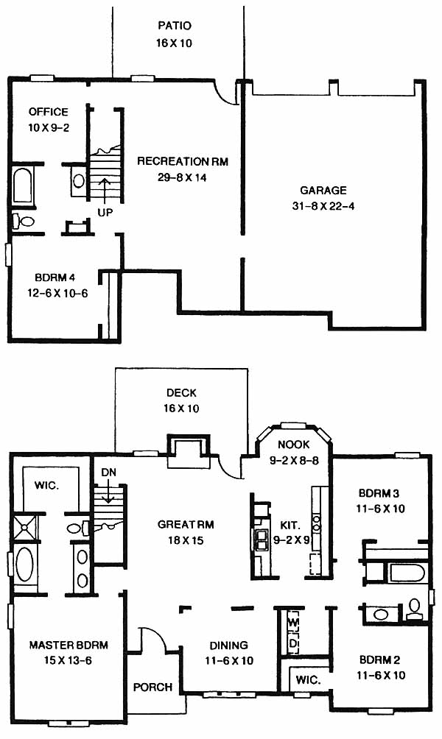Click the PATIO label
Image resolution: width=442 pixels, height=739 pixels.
175,25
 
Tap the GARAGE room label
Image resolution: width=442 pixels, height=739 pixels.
323,191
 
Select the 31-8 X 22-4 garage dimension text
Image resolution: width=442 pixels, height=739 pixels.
323,206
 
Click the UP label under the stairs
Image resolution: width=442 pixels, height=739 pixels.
105,213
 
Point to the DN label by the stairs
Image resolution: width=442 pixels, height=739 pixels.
108,473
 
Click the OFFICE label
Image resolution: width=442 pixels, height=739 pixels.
49,112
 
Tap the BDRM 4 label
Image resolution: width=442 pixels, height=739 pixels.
55,277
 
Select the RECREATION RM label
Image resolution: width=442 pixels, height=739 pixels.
183,162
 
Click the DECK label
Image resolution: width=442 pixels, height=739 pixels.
182,392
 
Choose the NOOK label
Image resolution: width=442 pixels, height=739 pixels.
293,445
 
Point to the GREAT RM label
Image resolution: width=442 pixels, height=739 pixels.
186,525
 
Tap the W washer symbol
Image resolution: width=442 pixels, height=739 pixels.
293,622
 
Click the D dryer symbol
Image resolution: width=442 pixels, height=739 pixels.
293,643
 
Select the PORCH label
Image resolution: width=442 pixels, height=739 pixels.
152,687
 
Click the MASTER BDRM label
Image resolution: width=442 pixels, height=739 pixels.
69,645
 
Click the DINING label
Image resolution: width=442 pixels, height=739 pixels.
229,646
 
